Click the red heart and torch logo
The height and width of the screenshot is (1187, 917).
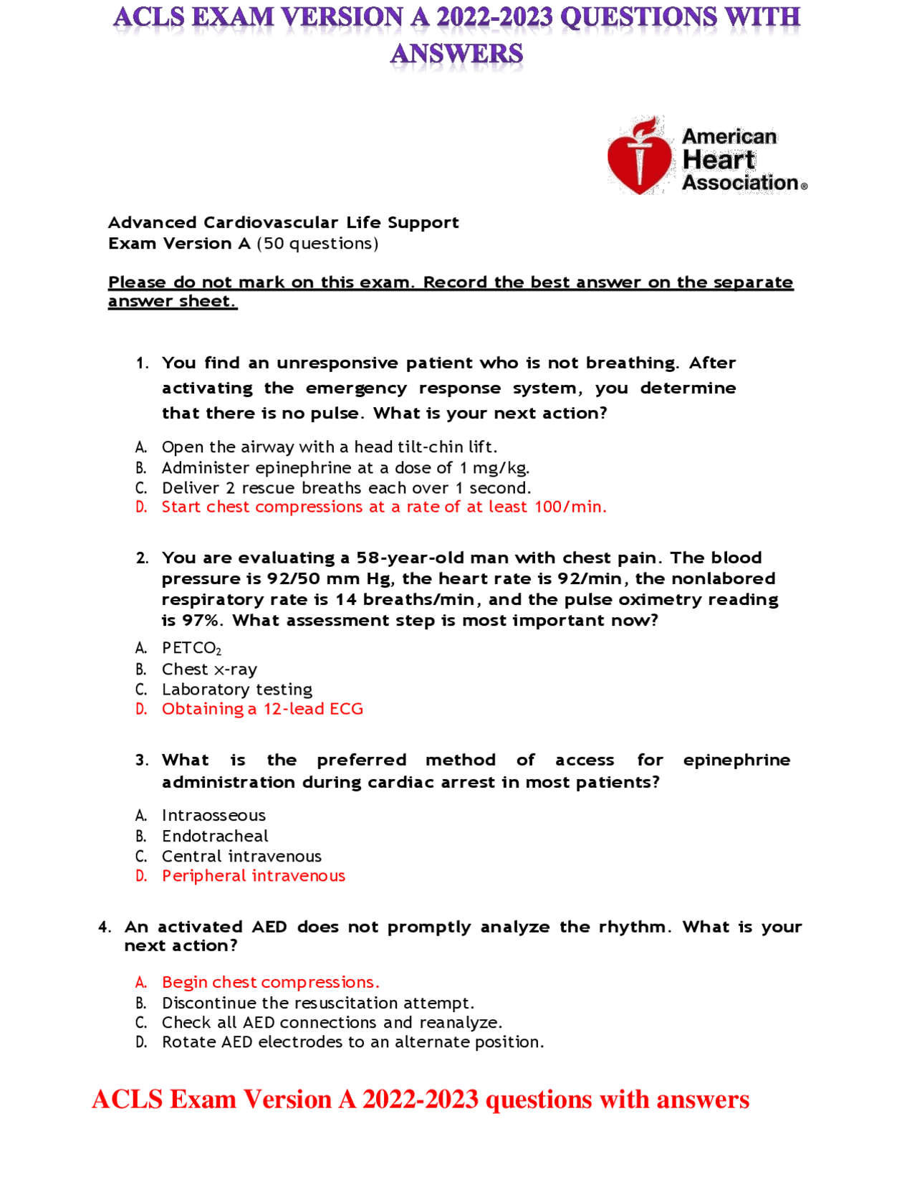pos(639,156)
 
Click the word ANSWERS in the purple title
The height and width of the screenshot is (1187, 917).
pos(456,54)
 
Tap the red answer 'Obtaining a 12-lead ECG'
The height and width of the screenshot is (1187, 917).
pos(262,709)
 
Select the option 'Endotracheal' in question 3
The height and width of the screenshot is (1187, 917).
pos(215,836)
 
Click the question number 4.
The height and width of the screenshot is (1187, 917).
pos(105,927)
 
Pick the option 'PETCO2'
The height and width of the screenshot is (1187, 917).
pos(191,648)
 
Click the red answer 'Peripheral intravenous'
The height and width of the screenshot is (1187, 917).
pos(253,876)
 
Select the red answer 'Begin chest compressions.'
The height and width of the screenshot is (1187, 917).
pos(270,982)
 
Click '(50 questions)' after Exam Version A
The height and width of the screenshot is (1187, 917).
pos(317,244)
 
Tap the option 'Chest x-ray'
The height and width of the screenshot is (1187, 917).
pos(209,669)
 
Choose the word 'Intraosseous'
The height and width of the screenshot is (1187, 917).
pos(213,816)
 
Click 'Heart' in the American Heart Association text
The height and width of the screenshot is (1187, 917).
pos(719,160)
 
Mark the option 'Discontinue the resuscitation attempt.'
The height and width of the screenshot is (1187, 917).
pos(317,1003)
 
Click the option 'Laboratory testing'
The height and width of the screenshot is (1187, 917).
pos(236,690)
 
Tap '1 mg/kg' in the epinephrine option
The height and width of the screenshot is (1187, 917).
pos(494,468)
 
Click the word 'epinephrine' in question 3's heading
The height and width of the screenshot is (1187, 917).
pos(736,760)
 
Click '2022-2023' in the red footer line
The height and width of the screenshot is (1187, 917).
pos(420,1100)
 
